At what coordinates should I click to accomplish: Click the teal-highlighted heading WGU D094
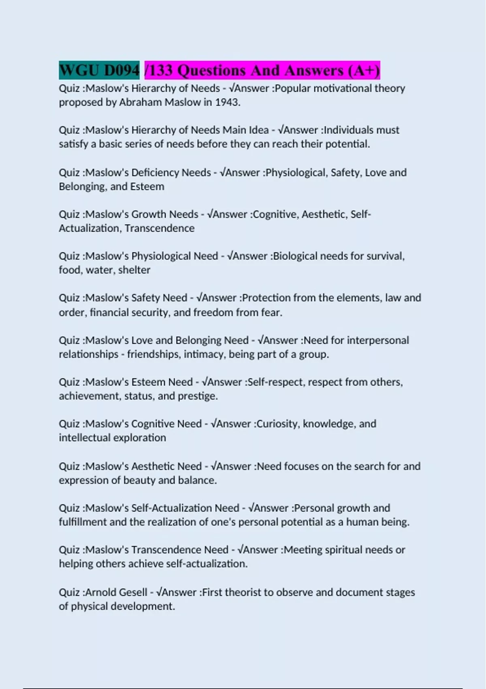99,71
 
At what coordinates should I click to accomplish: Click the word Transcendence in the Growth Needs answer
160,228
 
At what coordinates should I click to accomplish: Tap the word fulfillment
83,522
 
